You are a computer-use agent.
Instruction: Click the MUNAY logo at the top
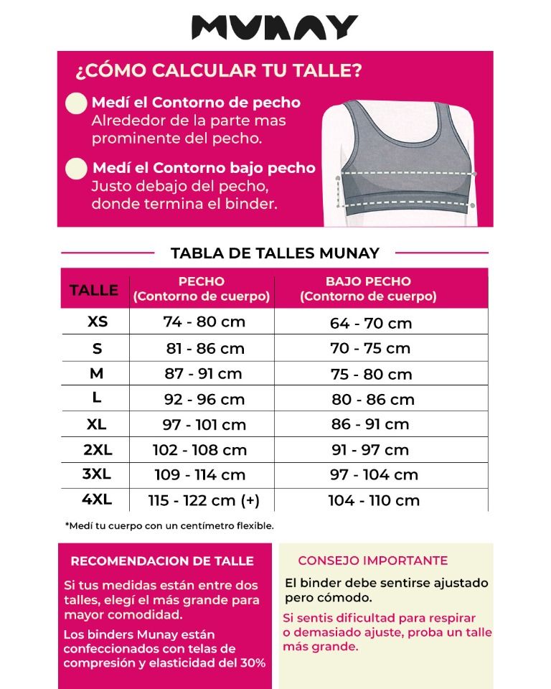[x=275, y=27]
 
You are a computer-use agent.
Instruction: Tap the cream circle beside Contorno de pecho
[x=76, y=103]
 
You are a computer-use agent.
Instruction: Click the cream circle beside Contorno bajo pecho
[x=76, y=169]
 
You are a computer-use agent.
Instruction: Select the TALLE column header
[x=94, y=290]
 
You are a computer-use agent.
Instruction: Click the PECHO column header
[x=202, y=289]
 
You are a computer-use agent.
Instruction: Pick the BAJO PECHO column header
[x=368, y=289]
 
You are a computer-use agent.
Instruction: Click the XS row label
[x=98, y=322]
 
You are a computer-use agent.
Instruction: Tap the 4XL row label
[x=98, y=500]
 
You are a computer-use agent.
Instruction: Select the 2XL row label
[x=98, y=450]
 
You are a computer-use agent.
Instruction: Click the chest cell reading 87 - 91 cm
[x=204, y=374]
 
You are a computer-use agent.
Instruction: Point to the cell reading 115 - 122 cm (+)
[x=204, y=500]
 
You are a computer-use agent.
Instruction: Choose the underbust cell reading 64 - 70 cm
[x=371, y=323]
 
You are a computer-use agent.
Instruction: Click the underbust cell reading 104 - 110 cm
[x=374, y=501]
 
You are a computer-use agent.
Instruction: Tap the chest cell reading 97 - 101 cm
[x=204, y=425]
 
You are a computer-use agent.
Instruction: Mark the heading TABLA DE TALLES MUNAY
[x=275, y=253]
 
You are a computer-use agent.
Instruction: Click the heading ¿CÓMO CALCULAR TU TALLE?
[x=218, y=71]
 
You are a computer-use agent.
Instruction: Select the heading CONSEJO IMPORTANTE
[x=372, y=561]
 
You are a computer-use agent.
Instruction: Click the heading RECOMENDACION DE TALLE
[x=162, y=561]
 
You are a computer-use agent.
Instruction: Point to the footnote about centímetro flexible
[x=169, y=525]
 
